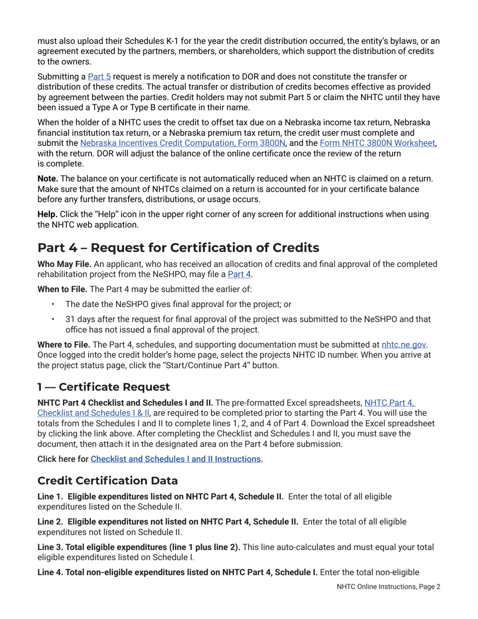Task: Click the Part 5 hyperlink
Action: [x=99, y=76]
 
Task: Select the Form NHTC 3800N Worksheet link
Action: [x=377, y=143]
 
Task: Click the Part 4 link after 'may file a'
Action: [x=240, y=274]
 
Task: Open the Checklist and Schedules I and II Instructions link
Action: [x=176, y=459]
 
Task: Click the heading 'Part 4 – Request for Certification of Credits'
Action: [x=178, y=248]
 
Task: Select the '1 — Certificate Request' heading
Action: [x=104, y=387]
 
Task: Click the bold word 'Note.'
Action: [x=48, y=179]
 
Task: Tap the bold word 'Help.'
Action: [x=47, y=214]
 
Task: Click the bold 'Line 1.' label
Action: [x=50, y=497]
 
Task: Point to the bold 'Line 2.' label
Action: [x=50, y=522]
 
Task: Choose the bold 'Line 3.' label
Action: [x=50, y=547]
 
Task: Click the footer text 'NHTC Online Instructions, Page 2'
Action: [x=388, y=587]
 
